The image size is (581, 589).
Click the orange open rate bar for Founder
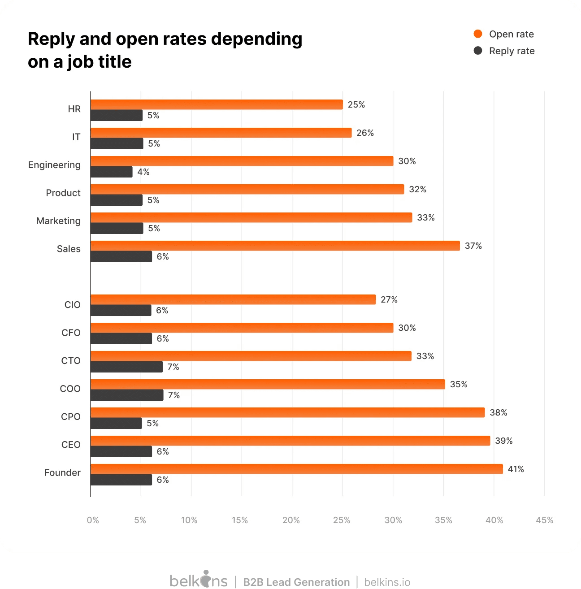296,469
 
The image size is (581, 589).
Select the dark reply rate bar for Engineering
112,172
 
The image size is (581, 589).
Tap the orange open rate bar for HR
217,104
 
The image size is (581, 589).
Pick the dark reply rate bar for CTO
126,367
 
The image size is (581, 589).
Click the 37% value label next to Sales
473,246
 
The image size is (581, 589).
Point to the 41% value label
516,469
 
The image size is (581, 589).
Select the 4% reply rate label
143,172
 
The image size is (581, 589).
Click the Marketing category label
58,221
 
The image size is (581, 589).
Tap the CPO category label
71,416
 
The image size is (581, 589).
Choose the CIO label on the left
72,305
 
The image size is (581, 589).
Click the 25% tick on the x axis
342,520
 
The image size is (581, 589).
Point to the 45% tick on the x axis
544,520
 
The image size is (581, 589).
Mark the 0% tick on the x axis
93,520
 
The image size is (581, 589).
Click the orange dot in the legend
478,34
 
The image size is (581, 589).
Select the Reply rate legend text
512,51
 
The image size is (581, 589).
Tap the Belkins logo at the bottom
198,580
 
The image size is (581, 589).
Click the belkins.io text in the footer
387,582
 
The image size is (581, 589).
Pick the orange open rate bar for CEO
290,441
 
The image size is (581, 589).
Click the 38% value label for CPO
498,412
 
